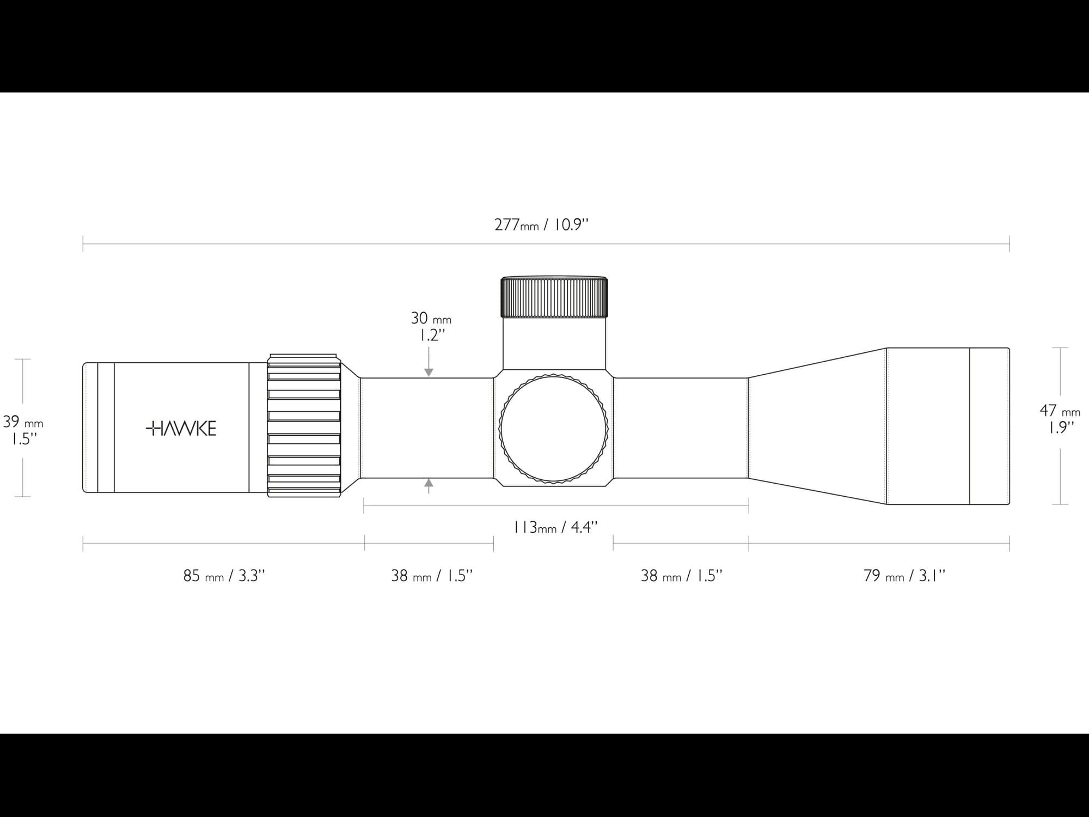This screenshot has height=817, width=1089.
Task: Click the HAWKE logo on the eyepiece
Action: point(181,429)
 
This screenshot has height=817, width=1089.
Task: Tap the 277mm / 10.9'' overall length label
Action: point(542,224)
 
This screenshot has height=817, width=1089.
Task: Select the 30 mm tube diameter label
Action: point(431,318)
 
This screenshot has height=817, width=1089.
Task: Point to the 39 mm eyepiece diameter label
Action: point(23,422)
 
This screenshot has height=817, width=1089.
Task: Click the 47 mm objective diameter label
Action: point(1060,410)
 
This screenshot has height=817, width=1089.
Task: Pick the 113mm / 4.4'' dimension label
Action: point(555,527)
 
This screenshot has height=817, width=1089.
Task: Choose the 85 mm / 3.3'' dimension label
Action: point(224,576)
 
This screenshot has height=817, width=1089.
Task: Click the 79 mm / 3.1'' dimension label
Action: point(904,576)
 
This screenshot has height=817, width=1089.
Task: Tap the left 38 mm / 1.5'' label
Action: point(432,576)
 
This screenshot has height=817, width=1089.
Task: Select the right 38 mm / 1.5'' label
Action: point(682,576)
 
